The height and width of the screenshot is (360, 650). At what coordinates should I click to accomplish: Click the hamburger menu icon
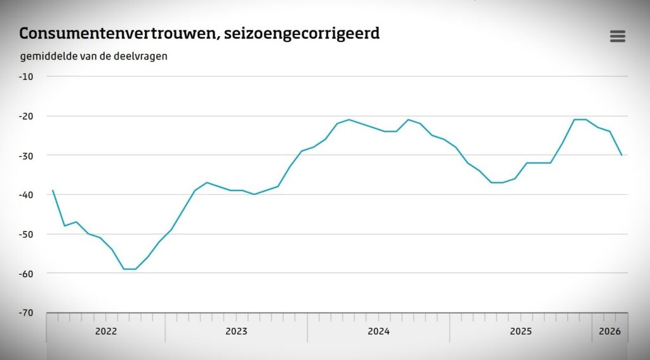(x=617, y=36)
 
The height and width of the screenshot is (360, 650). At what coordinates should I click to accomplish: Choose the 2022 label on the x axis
(x=106, y=331)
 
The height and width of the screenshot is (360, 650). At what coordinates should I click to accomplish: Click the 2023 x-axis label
(x=236, y=331)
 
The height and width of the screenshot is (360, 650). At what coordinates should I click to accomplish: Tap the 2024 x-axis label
(x=378, y=331)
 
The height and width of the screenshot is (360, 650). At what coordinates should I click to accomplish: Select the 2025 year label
(x=521, y=331)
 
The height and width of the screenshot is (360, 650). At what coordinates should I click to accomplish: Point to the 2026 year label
(x=609, y=331)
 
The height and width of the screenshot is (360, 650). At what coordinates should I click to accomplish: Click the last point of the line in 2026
(x=621, y=155)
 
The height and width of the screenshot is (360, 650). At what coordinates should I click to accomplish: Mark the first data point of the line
(x=53, y=190)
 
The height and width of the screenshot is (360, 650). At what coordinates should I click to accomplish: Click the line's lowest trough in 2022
(x=129, y=269)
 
